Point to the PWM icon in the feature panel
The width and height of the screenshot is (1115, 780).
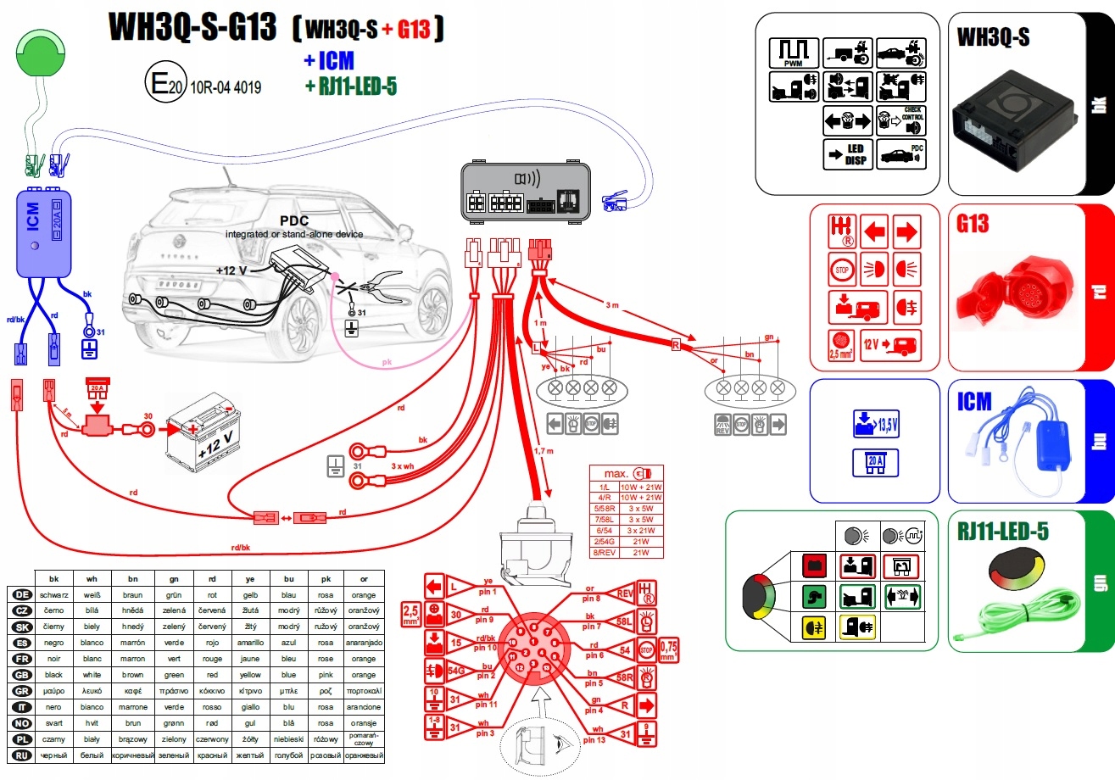point(793,53)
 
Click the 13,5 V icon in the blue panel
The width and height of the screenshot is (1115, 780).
point(875,424)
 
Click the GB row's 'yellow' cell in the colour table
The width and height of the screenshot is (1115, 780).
point(249,675)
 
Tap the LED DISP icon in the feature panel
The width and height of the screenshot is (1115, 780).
point(848,154)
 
